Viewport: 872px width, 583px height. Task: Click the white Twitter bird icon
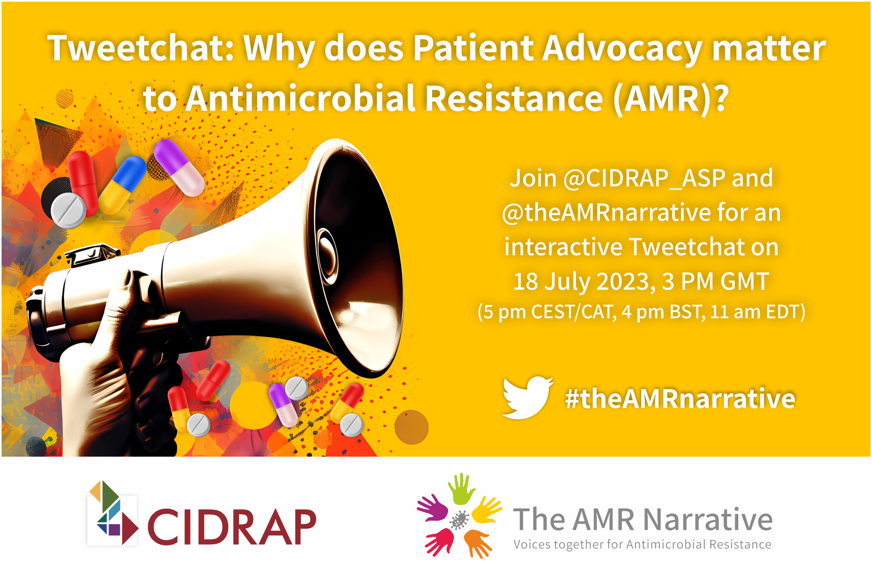527,397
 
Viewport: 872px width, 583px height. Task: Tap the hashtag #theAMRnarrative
680,399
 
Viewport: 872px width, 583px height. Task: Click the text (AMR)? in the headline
670,99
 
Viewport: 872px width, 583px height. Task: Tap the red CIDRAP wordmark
232,527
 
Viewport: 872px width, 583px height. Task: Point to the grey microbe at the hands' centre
459,519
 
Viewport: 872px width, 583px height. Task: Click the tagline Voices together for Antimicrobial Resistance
642,544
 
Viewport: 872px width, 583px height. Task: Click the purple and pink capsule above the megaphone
179,167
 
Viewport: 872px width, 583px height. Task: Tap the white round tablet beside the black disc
69,210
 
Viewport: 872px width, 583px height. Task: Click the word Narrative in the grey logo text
707,519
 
